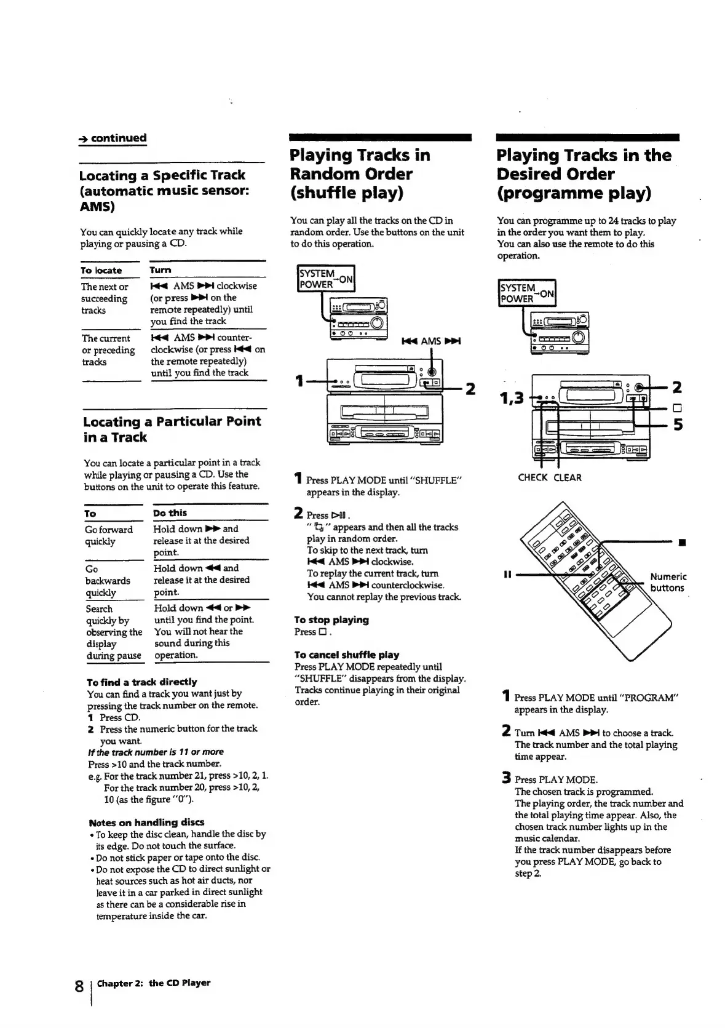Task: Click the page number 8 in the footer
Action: pos(79,986)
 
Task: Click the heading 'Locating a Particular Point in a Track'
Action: pos(172,429)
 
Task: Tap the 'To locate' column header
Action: pos(101,270)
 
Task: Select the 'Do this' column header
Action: pos(170,513)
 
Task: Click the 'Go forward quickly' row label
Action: pos(109,535)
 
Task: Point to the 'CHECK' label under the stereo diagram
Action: pos(533,477)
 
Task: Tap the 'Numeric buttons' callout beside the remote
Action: pos(668,582)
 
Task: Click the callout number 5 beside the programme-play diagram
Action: pos(678,424)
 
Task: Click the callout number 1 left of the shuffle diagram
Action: pos(299,381)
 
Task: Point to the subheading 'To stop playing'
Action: pos(331,620)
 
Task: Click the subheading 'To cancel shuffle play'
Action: pos(346,655)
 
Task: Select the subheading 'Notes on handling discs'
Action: pos(146,823)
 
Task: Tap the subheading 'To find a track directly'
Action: pos(141,682)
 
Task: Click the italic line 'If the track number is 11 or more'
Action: pos(156,752)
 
